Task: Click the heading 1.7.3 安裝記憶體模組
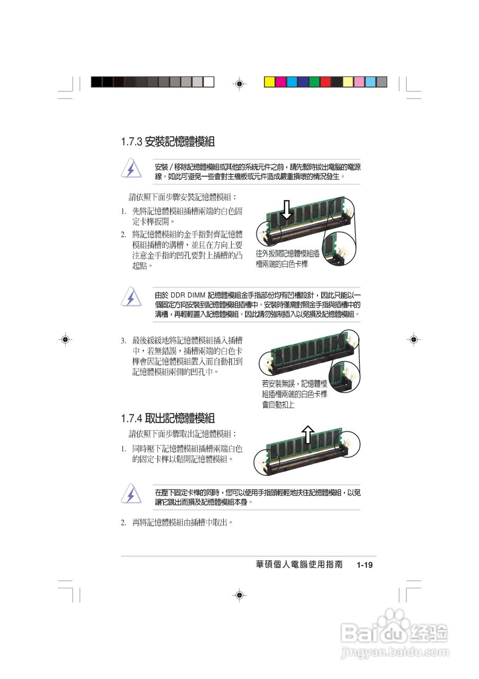tap(167, 142)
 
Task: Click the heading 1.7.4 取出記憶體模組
tap(167, 419)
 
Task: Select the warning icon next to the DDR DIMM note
tap(131, 298)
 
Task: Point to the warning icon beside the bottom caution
tap(131, 494)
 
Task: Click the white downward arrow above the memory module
tap(287, 209)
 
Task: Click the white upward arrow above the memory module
tap(308, 434)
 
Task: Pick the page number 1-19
tap(365, 565)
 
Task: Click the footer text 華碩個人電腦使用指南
tap(299, 565)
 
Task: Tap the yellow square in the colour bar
tap(270, 82)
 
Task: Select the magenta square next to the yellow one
tap(281, 82)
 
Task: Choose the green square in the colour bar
tap(314, 82)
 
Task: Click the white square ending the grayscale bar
tap(209, 82)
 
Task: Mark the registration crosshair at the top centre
tap(239, 83)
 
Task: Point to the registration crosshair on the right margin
tap(413, 339)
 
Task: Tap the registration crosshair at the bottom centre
tap(239, 595)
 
